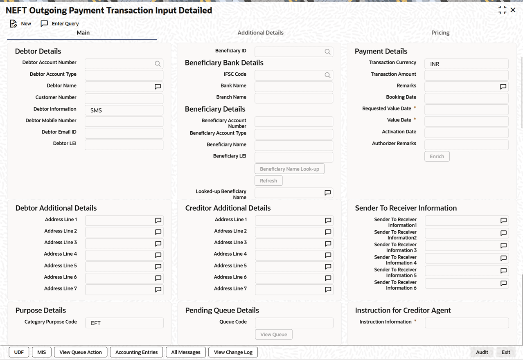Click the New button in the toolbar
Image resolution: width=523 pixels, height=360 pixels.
(x=20, y=24)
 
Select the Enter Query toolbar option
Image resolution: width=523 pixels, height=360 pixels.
(x=60, y=24)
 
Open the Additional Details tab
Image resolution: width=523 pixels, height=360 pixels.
(x=260, y=33)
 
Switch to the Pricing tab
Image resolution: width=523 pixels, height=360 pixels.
(x=440, y=33)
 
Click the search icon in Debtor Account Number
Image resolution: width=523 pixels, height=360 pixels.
(x=158, y=64)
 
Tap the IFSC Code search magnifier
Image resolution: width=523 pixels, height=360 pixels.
(x=327, y=75)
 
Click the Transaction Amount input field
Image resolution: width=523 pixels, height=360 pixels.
(x=466, y=75)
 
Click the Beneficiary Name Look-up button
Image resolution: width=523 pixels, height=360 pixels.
(x=289, y=169)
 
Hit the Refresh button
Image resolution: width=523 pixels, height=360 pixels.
(x=268, y=180)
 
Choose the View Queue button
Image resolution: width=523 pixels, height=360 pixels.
(x=273, y=335)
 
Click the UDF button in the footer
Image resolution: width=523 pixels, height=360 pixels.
(x=19, y=352)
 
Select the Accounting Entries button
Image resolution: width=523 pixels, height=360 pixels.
(x=136, y=352)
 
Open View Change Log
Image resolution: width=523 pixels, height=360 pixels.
(x=233, y=352)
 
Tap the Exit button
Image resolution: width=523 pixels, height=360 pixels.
(x=506, y=352)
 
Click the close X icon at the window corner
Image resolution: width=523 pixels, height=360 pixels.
(x=513, y=10)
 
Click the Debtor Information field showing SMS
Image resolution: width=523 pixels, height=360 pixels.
(x=124, y=110)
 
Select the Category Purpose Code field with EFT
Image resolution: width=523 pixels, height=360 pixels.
(x=124, y=323)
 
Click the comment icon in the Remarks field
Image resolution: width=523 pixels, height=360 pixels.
(x=503, y=87)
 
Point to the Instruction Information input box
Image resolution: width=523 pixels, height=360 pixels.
(x=467, y=323)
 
